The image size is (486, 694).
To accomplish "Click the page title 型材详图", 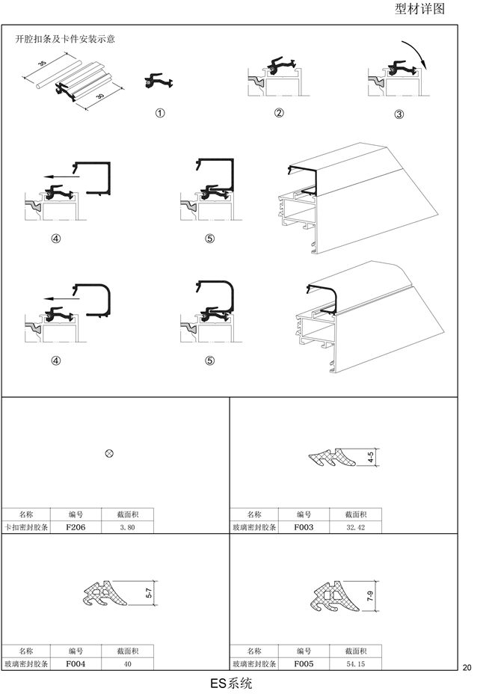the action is click(x=419, y=8).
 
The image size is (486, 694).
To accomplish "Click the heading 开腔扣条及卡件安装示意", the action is click(x=66, y=39).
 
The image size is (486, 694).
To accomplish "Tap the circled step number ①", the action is click(x=160, y=113).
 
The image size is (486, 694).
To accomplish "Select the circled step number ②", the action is click(x=279, y=113).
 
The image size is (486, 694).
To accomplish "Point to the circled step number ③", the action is click(x=399, y=114).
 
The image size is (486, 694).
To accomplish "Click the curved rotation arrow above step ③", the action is click(x=418, y=52).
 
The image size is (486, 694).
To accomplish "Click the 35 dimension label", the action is click(x=42, y=64).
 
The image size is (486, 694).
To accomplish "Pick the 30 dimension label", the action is click(x=100, y=96).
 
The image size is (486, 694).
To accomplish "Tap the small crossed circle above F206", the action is click(x=109, y=453).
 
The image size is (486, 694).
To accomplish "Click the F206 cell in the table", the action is click(x=76, y=527).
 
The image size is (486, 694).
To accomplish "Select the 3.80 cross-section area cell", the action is click(x=127, y=527).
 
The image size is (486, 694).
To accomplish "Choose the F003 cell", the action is click(x=304, y=527).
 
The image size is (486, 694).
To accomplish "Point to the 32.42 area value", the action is click(x=356, y=527).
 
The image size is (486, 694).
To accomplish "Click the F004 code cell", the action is click(x=76, y=664).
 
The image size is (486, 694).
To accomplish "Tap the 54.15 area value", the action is click(x=356, y=664).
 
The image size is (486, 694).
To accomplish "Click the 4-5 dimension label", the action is click(x=371, y=457).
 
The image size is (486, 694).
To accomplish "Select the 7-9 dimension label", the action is click(x=370, y=596).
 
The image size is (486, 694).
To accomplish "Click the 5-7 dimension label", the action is click(x=149, y=593).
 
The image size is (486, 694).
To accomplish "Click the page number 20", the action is click(x=467, y=668).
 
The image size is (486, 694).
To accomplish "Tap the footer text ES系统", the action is click(x=231, y=683).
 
